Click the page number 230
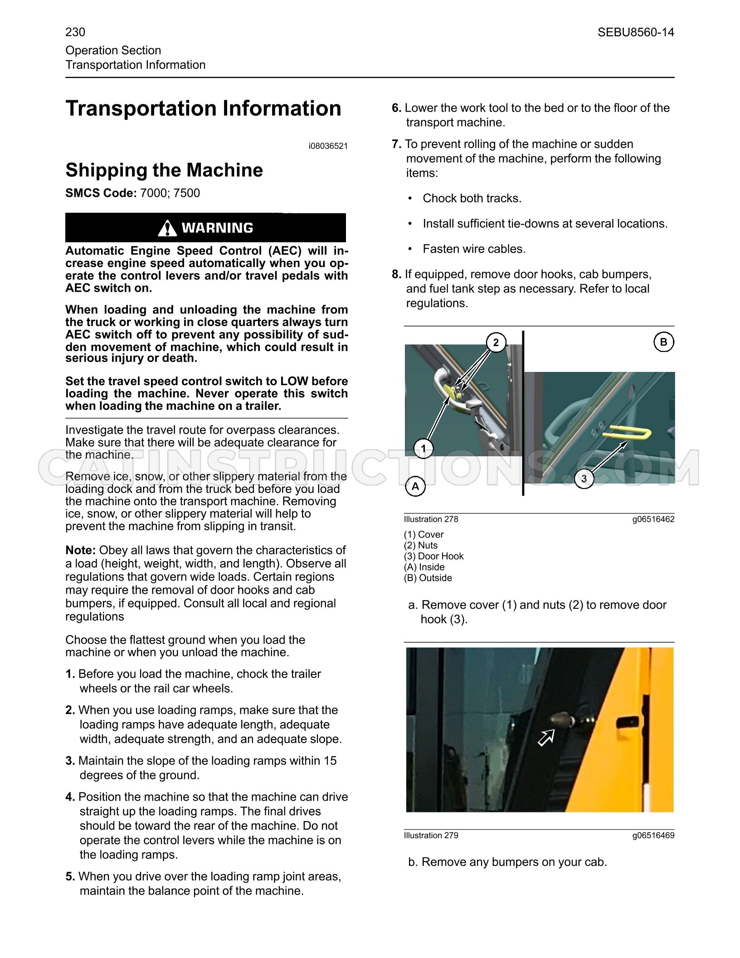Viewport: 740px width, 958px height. [x=75, y=32]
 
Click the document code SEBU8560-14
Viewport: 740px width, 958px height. [x=636, y=32]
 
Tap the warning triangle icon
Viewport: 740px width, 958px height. [x=167, y=228]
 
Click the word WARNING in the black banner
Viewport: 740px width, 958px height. [x=217, y=228]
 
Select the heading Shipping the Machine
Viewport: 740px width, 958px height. [x=164, y=170]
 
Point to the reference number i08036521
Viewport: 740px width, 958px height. [x=328, y=146]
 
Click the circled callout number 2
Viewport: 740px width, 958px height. [x=496, y=342]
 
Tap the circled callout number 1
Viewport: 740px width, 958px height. [x=424, y=449]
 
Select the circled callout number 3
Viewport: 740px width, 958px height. [x=584, y=479]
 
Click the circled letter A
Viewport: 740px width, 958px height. [x=415, y=487]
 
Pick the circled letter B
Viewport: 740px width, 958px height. [x=664, y=342]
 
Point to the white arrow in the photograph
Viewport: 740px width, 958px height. [x=546, y=737]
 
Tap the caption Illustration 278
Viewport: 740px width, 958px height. [x=431, y=519]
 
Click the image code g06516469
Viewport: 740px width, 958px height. [x=653, y=836]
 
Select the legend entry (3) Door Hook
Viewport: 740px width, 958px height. [x=434, y=556]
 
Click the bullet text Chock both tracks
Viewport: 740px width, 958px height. [x=472, y=198]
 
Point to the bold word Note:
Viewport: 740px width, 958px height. [x=81, y=550]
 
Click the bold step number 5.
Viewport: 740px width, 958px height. [x=70, y=876]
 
